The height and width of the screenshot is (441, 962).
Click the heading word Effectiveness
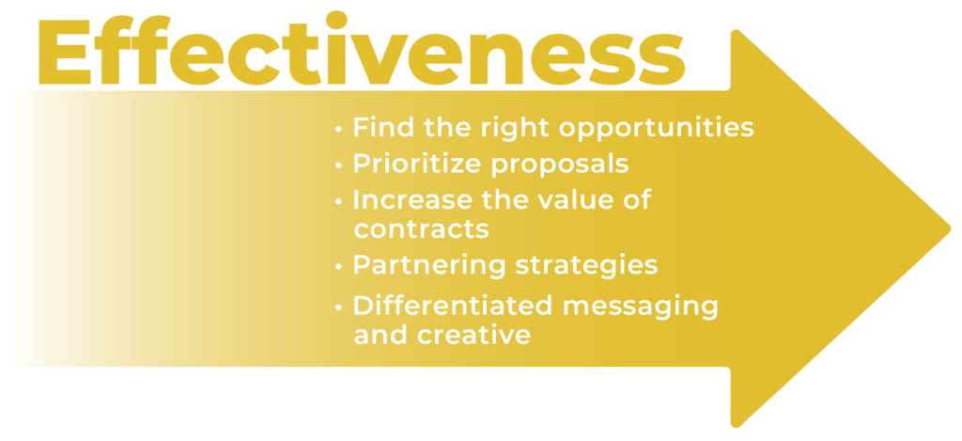pos(362,49)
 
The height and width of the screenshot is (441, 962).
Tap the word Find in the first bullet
pos(379,127)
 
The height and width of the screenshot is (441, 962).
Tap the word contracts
pos(422,229)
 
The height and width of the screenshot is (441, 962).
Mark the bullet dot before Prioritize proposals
pos(338,166)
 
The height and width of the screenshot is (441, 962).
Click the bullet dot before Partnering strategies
pos(338,266)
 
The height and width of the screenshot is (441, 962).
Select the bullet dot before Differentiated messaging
pos(338,307)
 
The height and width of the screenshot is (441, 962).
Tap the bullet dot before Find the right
pos(338,130)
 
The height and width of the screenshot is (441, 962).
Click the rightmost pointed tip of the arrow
pos(951,228)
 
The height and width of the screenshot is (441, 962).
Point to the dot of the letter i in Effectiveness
pos(336,21)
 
